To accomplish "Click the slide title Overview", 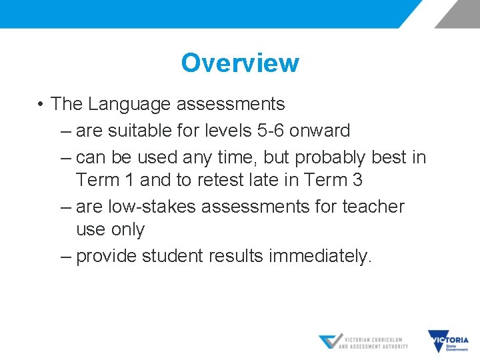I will (x=240, y=63).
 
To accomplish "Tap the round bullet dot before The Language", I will (x=41, y=105).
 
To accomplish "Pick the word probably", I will (x=330, y=157).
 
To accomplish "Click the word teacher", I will (x=373, y=207).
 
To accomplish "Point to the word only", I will (x=129, y=229).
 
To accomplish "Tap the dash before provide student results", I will (x=65, y=256).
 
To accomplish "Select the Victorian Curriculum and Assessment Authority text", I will (x=373, y=343).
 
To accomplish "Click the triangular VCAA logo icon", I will (x=330, y=341).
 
